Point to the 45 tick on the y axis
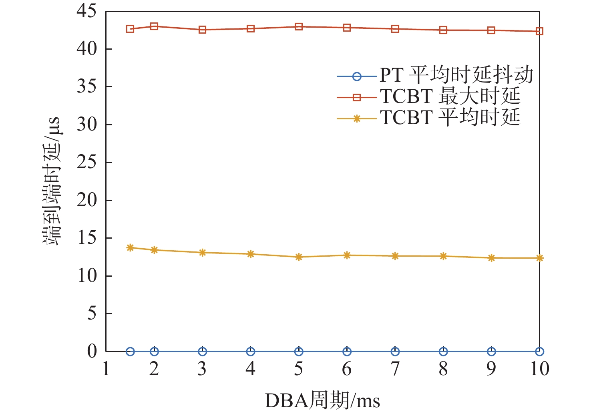87,11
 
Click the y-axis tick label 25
87,162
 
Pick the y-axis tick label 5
92,314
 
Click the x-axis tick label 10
539,369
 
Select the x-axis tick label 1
106,369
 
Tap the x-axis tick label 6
347,369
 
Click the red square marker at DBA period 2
154,26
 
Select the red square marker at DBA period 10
539,31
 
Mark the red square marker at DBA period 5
299,27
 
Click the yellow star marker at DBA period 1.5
130,248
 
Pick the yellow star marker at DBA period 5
299,257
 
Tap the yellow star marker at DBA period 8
443,256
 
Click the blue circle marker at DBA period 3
202,352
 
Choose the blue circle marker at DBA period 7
395,352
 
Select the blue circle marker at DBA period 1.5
130,352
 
